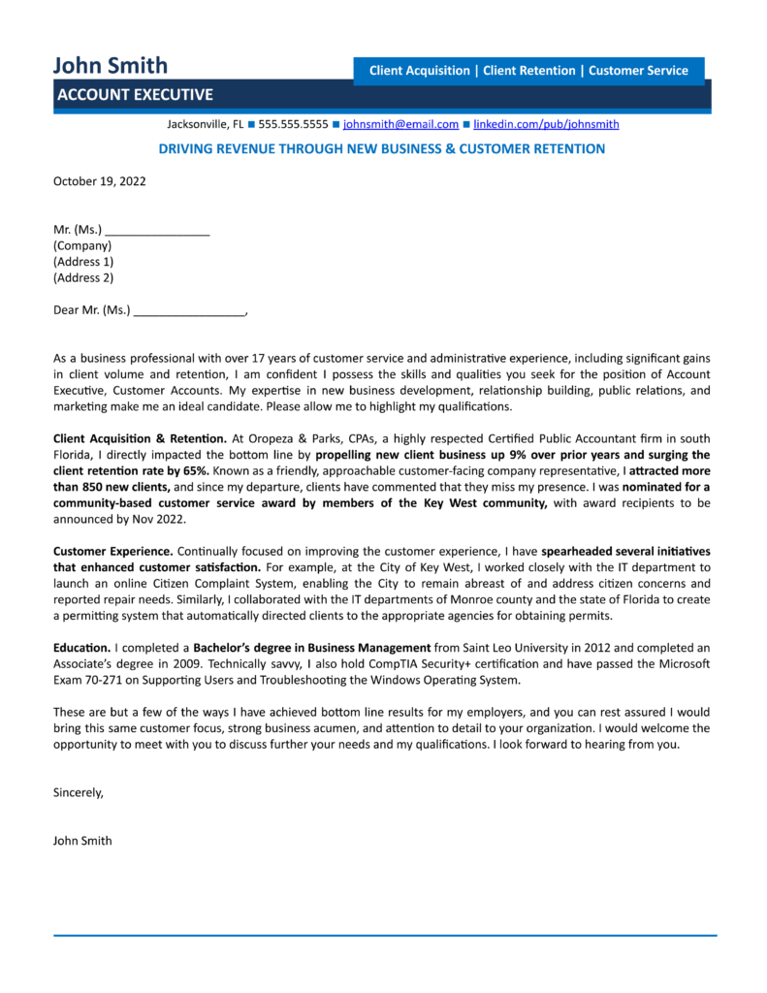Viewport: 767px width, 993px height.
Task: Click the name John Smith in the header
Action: click(110, 65)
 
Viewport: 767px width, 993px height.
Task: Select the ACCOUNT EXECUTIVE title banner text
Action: click(135, 95)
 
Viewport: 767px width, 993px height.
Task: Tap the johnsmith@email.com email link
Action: click(400, 124)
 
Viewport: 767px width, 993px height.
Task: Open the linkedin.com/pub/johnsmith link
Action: click(546, 124)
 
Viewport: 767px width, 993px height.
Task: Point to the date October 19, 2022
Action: click(99, 180)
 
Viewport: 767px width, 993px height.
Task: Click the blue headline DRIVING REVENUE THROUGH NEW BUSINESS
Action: click(381, 149)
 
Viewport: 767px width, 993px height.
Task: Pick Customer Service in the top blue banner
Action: click(638, 71)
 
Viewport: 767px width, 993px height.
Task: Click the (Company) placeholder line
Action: click(82, 246)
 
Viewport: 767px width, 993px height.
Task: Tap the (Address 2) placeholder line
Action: click(83, 277)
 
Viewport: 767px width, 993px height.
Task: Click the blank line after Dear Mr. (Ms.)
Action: click(189, 311)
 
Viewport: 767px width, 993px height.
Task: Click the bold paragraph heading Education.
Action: click(81, 647)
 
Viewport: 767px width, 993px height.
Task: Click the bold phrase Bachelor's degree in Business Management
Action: click(311, 647)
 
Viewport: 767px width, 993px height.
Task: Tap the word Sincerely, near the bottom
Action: click(78, 792)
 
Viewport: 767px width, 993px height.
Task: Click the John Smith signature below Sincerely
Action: click(82, 841)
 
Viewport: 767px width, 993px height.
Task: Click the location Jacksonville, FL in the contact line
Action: click(205, 124)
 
